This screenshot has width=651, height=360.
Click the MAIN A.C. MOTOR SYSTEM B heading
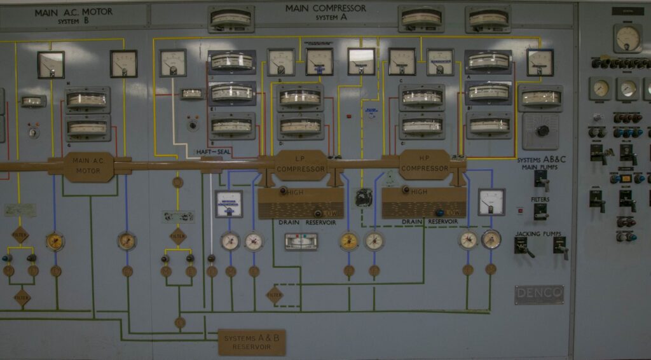click(x=73, y=16)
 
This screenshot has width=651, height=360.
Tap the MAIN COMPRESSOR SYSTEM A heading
click(x=325, y=12)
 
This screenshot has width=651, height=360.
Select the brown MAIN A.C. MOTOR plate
click(x=89, y=166)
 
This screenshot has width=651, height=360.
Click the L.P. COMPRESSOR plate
click(x=301, y=165)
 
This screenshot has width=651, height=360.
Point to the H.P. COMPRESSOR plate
click(x=425, y=164)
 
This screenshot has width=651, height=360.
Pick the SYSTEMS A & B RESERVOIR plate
click(x=252, y=342)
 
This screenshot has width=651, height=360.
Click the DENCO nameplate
click(x=538, y=294)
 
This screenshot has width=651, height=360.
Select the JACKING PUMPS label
click(x=538, y=234)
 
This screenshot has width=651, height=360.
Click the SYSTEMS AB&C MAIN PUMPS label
click(x=542, y=163)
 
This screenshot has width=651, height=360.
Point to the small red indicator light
click(x=348, y=116)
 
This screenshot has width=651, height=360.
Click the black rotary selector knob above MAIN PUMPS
click(x=542, y=130)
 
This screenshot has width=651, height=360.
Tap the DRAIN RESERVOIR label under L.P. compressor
click(x=301, y=222)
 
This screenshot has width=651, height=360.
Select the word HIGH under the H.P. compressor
click(x=419, y=191)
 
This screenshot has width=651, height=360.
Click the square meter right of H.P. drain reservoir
click(x=491, y=202)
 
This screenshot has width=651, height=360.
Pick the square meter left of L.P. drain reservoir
click(x=228, y=204)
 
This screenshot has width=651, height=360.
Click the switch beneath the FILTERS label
click(x=540, y=212)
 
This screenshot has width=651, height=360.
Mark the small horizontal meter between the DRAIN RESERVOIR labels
click(x=301, y=242)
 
